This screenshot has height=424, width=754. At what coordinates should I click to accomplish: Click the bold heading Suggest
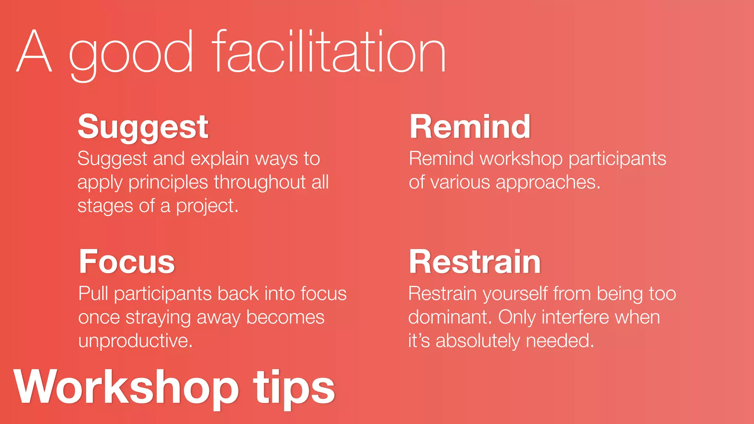[x=143, y=127]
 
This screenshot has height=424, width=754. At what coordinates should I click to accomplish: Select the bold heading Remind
[x=470, y=127]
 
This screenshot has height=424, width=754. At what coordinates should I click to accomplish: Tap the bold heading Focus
[x=127, y=262]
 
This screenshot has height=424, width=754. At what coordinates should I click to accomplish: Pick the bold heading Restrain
[x=475, y=262]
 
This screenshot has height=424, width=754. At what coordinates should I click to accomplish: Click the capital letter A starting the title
[x=34, y=52]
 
